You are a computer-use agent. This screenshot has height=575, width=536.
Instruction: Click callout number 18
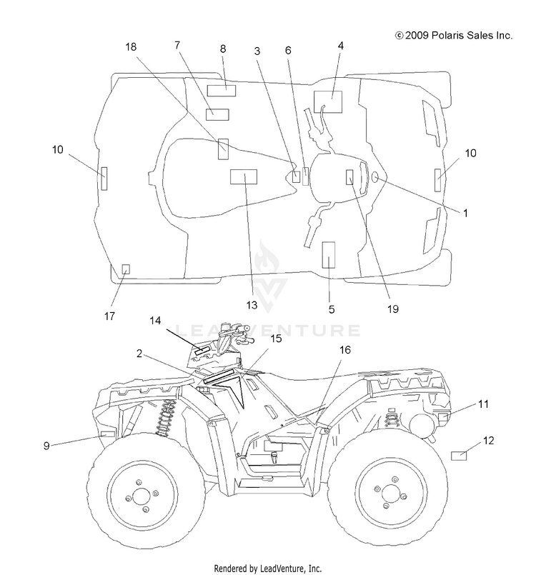click(x=131, y=47)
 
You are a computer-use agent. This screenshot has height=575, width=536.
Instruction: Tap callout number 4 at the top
click(x=340, y=46)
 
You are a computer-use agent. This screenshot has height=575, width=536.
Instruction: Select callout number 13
click(x=252, y=305)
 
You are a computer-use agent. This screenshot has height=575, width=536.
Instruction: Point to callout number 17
click(x=109, y=316)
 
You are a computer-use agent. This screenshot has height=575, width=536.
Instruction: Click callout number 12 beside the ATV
click(x=488, y=440)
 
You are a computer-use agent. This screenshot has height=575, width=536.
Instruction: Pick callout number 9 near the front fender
click(x=46, y=446)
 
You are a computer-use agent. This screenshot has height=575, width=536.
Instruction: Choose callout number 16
click(x=345, y=350)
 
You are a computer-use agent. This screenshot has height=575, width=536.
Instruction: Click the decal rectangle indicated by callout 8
click(x=222, y=90)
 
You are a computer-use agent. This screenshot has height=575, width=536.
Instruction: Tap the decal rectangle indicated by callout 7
click(x=217, y=114)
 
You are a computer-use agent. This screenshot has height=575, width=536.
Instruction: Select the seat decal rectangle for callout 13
click(x=244, y=176)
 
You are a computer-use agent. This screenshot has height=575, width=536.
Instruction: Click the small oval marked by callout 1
click(x=375, y=177)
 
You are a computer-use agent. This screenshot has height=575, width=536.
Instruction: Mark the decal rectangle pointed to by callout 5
click(x=328, y=255)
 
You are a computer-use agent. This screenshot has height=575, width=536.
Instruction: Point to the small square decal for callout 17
click(x=126, y=269)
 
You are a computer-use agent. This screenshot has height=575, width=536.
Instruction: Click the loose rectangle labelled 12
click(x=459, y=456)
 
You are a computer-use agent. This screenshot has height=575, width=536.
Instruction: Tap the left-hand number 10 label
click(x=58, y=149)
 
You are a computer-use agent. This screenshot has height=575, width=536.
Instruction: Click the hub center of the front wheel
click(x=142, y=496)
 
